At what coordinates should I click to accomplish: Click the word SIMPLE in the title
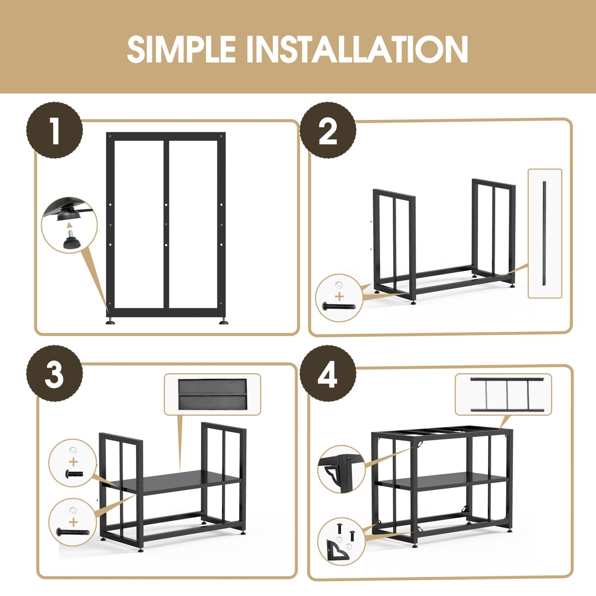[x=182, y=50]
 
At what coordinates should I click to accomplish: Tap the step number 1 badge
[x=54, y=130]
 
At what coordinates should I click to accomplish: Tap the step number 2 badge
[x=328, y=130]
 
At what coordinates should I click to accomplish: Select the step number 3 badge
[x=54, y=374]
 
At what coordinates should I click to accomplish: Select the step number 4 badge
[x=328, y=374]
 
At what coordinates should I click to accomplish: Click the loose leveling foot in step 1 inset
[x=72, y=241]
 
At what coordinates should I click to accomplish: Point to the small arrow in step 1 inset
[x=70, y=225]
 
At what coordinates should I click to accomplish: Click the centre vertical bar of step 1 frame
[x=166, y=224]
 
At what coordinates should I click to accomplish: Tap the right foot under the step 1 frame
[x=223, y=321]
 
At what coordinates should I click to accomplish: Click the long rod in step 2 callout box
[x=544, y=234]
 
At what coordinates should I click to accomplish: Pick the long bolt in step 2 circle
[x=339, y=306]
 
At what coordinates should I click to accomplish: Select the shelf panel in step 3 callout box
[x=213, y=394]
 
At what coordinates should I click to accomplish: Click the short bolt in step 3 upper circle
[x=74, y=474]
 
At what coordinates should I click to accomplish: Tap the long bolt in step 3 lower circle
[x=73, y=532]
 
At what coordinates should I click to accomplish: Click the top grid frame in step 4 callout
[x=507, y=394]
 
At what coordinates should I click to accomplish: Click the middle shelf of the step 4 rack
[x=442, y=482]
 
